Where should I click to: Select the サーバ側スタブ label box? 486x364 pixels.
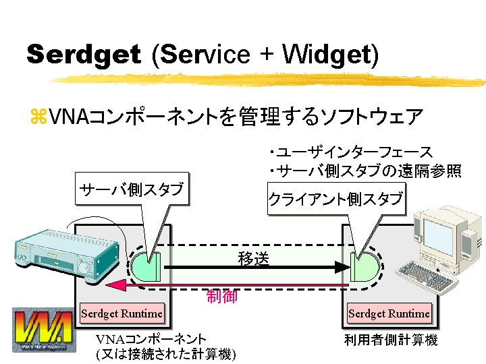point(131,189)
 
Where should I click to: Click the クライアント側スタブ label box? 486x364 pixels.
point(336,199)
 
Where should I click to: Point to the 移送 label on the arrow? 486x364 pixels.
point(254,258)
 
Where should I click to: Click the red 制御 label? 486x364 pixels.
point(221,296)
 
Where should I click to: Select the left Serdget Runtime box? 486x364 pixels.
point(122,313)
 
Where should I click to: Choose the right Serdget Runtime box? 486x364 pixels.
point(389,313)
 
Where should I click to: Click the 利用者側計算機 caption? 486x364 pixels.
point(390,340)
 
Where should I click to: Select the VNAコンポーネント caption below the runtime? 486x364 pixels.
point(151,339)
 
